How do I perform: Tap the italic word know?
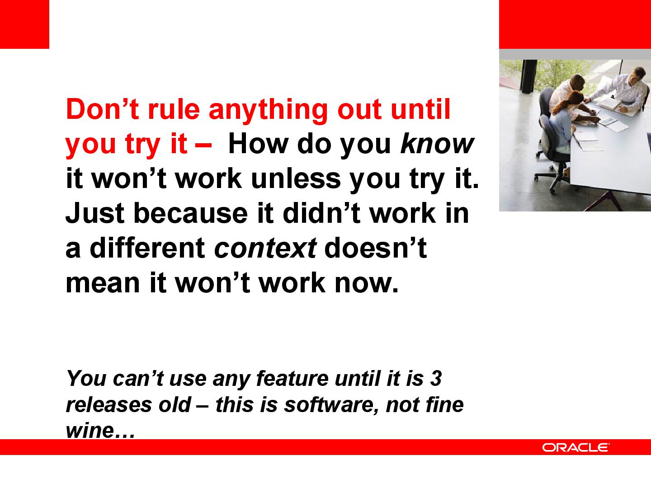click(437, 144)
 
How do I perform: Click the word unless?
click(296, 178)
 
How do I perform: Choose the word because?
click(190, 213)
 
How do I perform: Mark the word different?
click(147, 248)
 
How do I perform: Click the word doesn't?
click(376, 248)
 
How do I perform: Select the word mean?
click(103, 283)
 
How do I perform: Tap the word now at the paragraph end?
click(366, 283)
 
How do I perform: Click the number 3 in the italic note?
click(436, 379)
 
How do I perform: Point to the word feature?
click(292, 379)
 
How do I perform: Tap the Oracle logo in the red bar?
click(575, 447)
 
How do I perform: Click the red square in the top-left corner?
click(24, 24)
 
